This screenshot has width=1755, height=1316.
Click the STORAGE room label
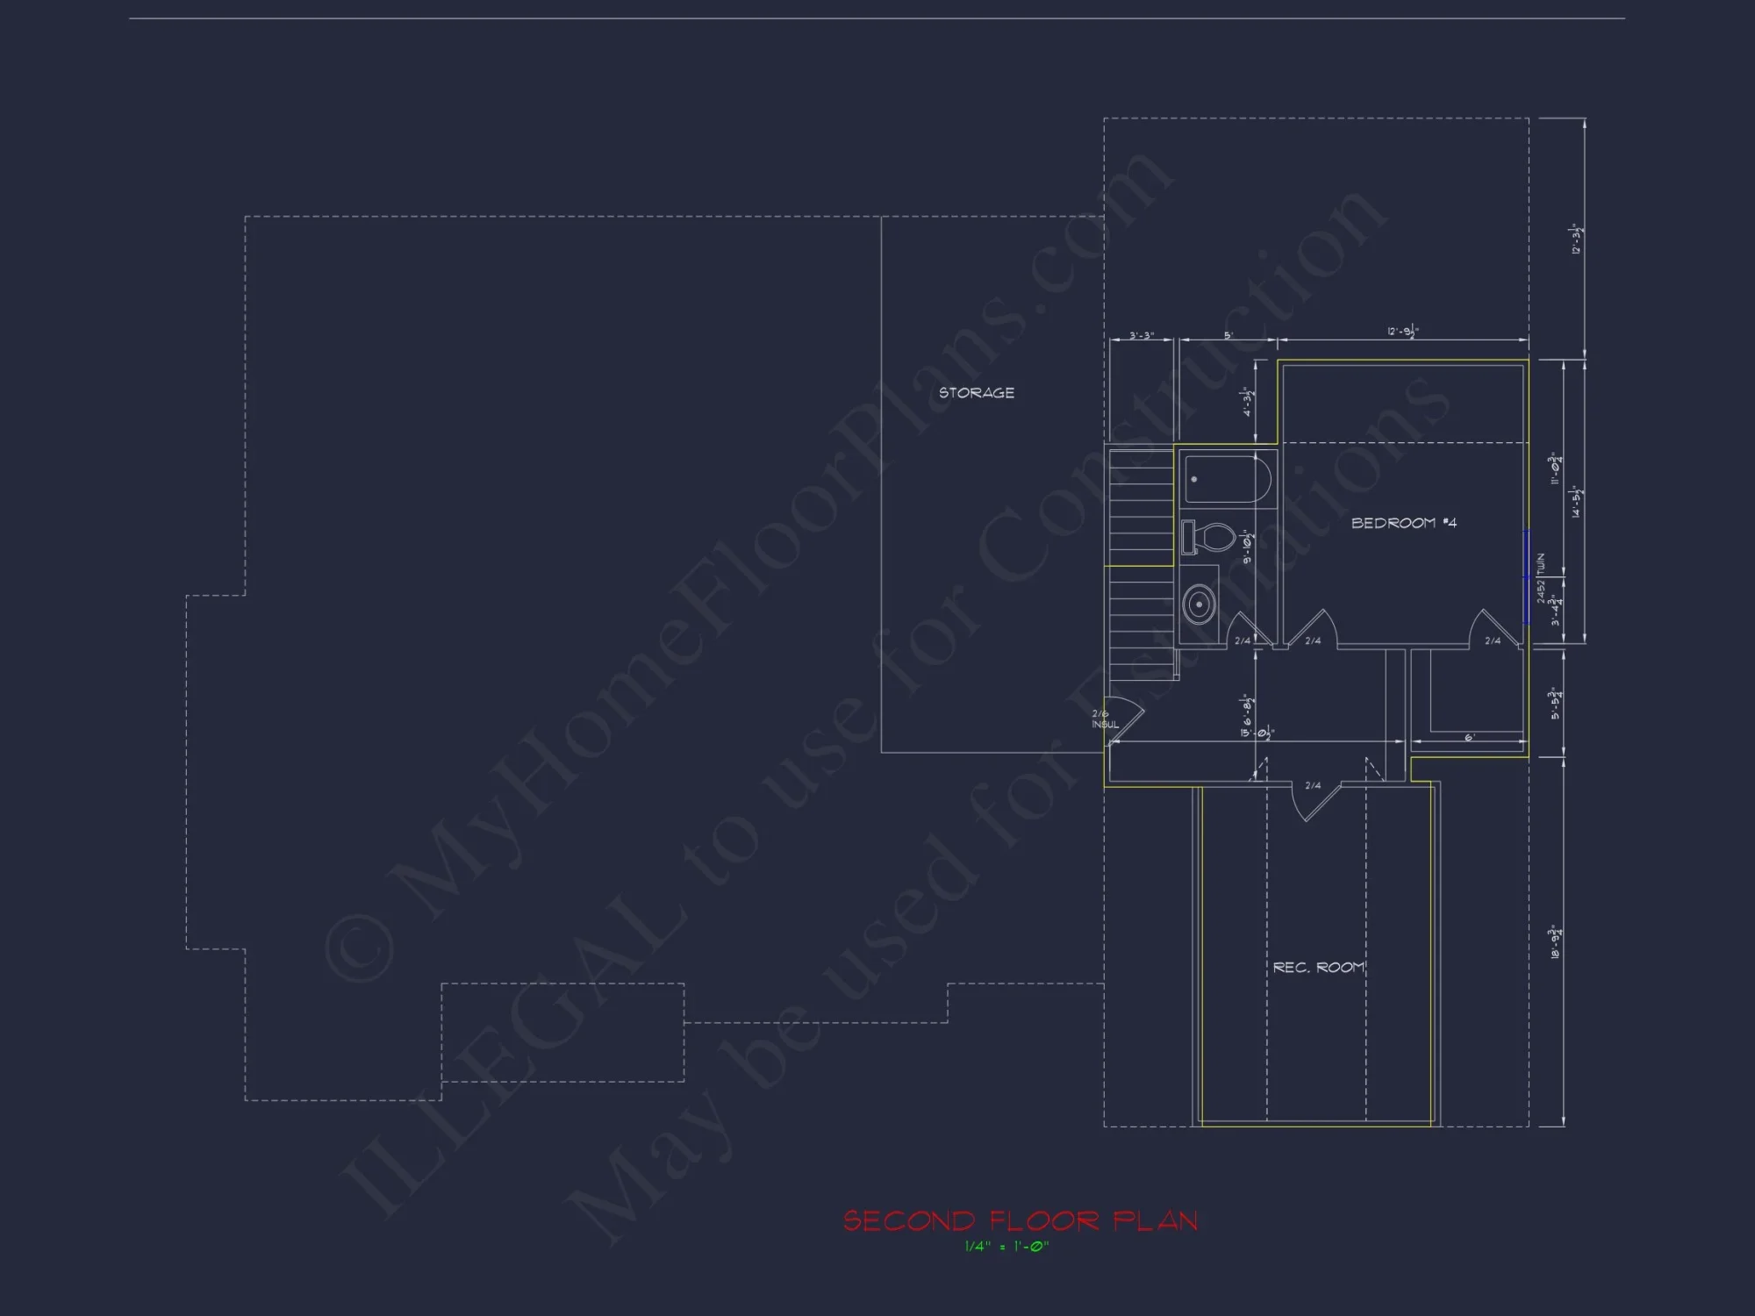(x=976, y=393)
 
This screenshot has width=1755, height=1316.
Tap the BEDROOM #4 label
(x=1403, y=523)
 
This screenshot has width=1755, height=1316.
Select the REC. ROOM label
(x=1318, y=967)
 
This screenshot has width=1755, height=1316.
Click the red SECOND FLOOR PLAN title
(x=1020, y=1220)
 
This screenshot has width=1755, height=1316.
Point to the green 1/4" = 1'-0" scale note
(x=1006, y=1247)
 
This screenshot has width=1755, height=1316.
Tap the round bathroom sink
(x=1198, y=604)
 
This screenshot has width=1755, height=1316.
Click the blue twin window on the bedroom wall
(x=1527, y=577)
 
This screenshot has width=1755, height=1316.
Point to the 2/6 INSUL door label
(x=1104, y=719)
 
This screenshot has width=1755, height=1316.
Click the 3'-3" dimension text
(x=1141, y=335)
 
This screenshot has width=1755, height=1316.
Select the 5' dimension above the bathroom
(x=1228, y=335)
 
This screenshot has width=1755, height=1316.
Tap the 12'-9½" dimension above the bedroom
(x=1403, y=332)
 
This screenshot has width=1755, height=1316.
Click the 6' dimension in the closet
(x=1469, y=738)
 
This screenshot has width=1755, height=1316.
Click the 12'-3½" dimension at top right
(x=1576, y=239)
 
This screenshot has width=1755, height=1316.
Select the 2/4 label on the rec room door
(x=1313, y=785)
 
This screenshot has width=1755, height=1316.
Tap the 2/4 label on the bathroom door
(x=1243, y=641)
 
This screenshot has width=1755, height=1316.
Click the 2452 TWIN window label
(x=1541, y=577)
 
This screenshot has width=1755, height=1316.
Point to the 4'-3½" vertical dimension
(x=1249, y=402)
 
